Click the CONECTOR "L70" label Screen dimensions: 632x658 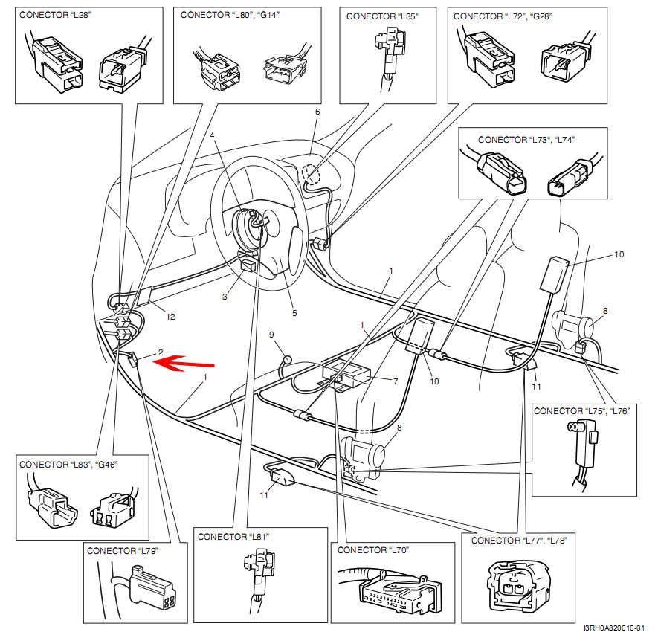[x=373, y=550]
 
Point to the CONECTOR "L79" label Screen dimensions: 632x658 [x=123, y=551]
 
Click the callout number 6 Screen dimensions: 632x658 [x=317, y=112]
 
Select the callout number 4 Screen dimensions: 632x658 [x=212, y=136]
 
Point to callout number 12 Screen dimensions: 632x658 [x=170, y=317]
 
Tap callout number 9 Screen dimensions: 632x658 [x=271, y=335]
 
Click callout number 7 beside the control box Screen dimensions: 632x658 [x=396, y=381]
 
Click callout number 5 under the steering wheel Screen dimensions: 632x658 [x=294, y=313]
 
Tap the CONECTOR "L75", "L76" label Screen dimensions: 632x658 [x=581, y=410]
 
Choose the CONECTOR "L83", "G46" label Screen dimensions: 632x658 [x=68, y=464]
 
